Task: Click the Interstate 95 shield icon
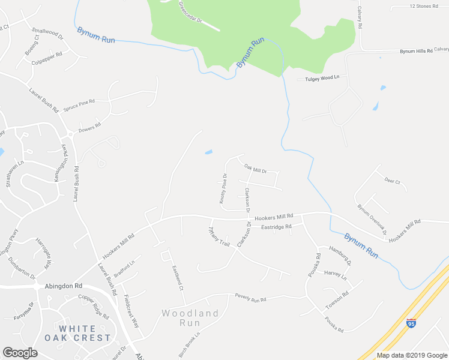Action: pos(411,323)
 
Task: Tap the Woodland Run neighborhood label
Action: pos(190,317)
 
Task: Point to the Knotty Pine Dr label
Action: pos(223,190)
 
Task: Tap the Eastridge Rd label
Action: pos(276,227)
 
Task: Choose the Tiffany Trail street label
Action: pos(218,237)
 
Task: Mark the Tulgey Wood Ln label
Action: pos(322,78)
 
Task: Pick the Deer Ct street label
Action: pos(392,181)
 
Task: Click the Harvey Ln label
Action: pos(336,275)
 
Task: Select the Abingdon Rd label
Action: pos(63,287)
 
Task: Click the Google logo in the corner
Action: pos(20,353)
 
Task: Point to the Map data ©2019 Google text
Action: pos(411,355)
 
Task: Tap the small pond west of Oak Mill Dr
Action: pos(208,152)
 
